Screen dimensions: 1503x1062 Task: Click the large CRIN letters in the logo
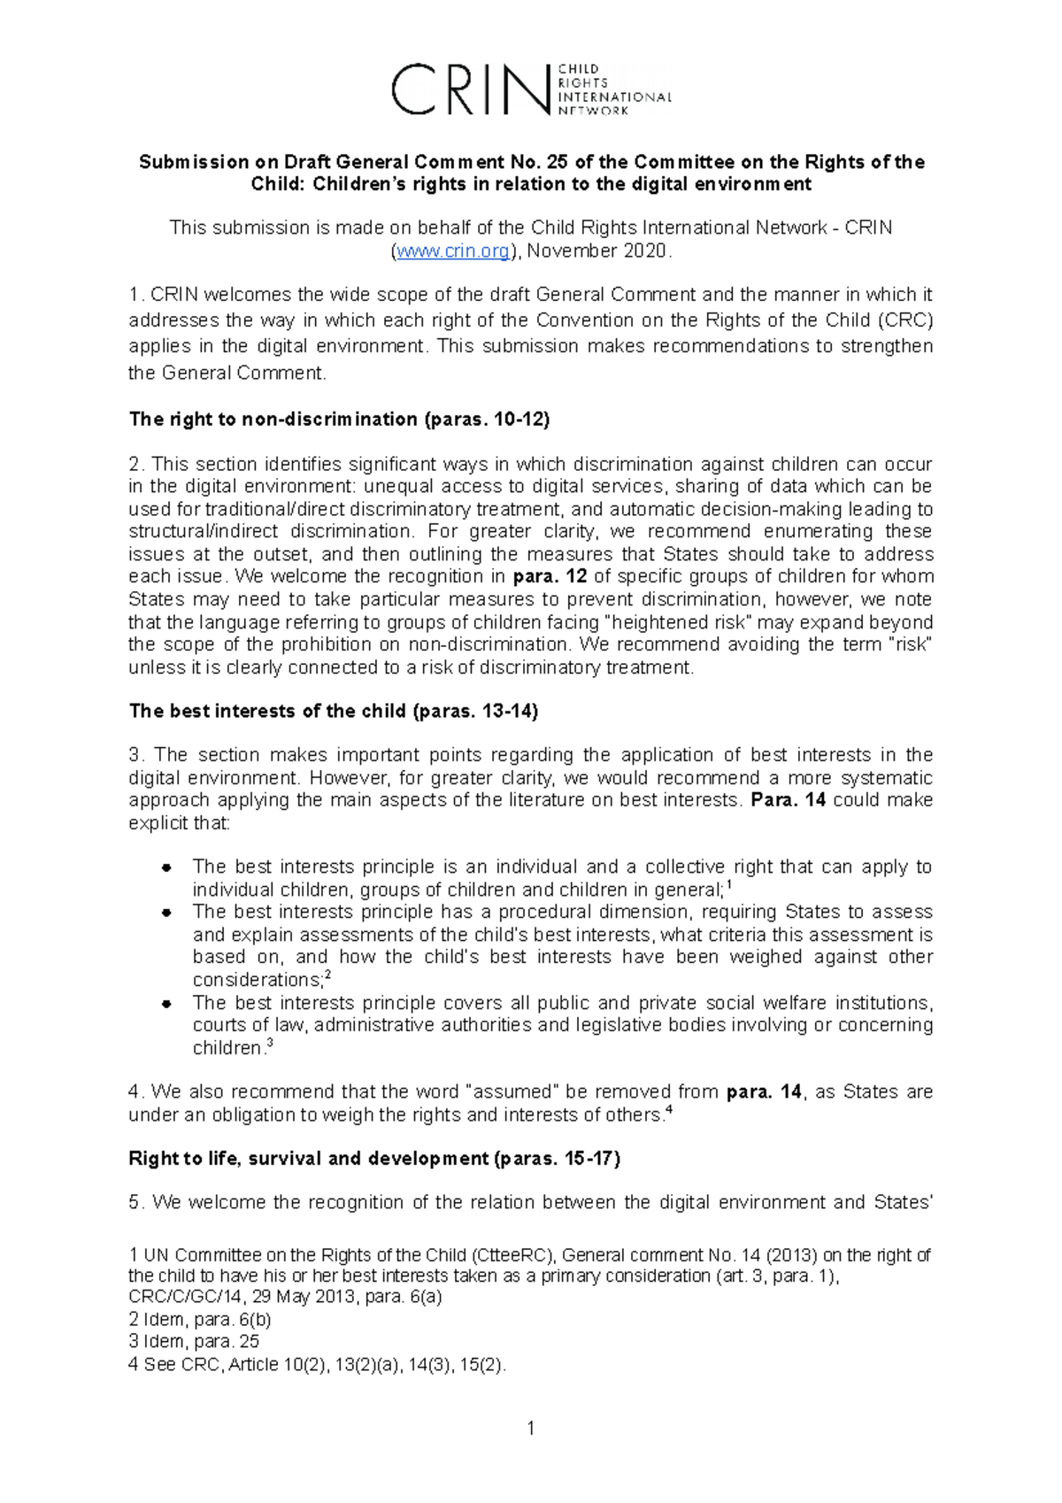pyautogui.click(x=469, y=89)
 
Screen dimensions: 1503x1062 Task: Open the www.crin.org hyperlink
pyautogui.click(x=453, y=251)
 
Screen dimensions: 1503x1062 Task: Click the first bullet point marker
pyautogui.click(x=165, y=867)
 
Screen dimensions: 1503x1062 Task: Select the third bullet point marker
pyautogui.click(x=165, y=1004)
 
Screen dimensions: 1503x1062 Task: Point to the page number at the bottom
pyautogui.click(x=530, y=1428)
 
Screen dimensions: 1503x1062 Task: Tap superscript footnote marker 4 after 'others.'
pyautogui.click(x=668, y=1109)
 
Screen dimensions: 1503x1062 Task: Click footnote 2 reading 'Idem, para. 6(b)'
pyautogui.click(x=200, y=1319)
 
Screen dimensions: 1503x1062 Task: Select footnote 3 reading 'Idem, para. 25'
pyautogui.click(x=195, y=1341)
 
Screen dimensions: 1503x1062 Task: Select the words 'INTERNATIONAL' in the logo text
pyautogui.click(x=614, y=96)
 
